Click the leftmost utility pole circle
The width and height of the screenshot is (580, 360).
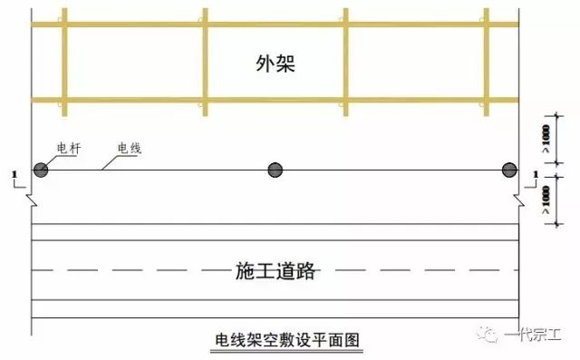point(41,170)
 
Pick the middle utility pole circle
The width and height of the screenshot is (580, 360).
point(275,170)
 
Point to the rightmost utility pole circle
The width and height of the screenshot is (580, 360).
point(509,170)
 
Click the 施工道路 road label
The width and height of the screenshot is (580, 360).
point(275,270)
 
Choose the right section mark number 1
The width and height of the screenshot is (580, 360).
point(537,174)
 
